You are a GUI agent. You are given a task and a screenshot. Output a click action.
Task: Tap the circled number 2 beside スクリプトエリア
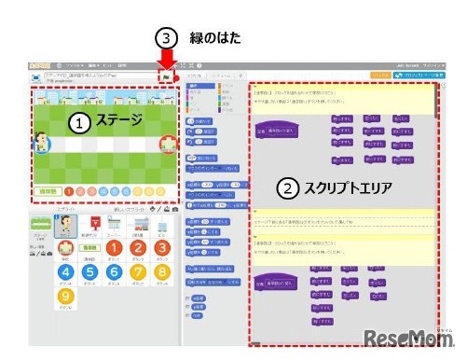pos(289,187)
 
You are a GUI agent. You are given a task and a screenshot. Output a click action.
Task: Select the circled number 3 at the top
pos(165,39)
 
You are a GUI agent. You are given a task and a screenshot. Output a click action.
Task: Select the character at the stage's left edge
pos(41,144)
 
